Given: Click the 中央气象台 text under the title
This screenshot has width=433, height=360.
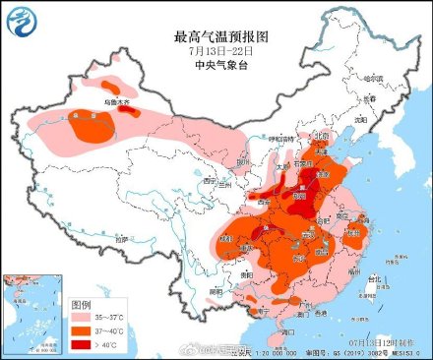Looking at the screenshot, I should [x=218, y=66].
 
